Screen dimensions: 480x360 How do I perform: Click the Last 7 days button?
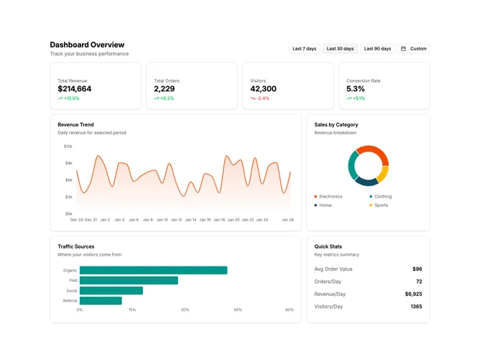304,49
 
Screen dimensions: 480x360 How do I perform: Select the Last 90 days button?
377,49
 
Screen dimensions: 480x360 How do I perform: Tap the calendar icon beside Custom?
403,49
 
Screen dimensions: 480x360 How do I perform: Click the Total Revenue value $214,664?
75,89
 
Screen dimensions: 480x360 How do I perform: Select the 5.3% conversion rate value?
356,89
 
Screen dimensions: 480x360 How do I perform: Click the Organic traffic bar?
153,270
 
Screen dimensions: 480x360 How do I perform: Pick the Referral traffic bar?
101,300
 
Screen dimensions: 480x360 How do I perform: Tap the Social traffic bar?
111,290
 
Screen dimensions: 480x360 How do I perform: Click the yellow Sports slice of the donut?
383,174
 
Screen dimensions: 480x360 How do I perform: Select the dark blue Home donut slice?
366,182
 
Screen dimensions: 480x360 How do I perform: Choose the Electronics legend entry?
328,197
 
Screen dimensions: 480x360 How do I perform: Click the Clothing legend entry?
381,197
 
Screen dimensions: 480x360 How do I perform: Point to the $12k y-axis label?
68,147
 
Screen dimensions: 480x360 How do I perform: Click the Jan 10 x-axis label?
162,220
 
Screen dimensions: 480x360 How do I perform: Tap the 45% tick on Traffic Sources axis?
238,310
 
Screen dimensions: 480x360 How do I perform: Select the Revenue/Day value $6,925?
413,294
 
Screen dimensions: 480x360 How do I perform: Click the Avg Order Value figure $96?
417,269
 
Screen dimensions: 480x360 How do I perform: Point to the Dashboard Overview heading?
87,45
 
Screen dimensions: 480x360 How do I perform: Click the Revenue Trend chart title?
75,124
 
